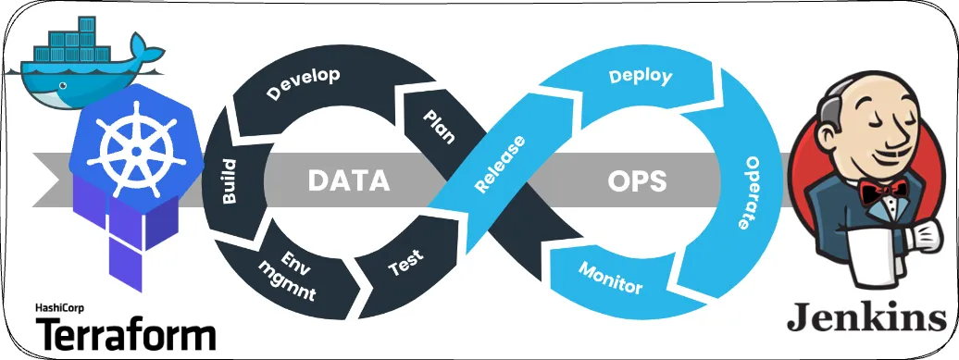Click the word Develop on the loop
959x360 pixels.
pos(303,83)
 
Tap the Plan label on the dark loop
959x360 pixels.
pos(438,128)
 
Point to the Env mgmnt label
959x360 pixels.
pos(290,275)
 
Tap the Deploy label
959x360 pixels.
pos(640,77)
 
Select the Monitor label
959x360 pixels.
pos(610,277)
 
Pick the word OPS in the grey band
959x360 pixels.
pos(636,180)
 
